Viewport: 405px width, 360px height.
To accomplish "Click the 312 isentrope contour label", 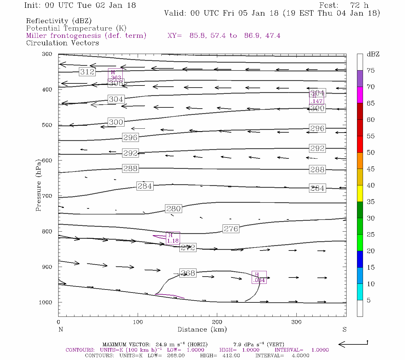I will pyautogui.click(x=87, y=72).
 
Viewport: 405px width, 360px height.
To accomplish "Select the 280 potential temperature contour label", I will pyautogui.click(x=173, y=208).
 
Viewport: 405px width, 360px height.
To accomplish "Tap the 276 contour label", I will pyautogui.click(x=231, y=229).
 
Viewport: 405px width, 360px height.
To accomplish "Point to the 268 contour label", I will pyautogui.click(x=188, y=273).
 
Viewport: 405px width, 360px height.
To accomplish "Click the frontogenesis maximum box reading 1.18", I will pyautogui.click(x=173, y=238).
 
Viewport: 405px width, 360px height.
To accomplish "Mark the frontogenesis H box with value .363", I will pyautogui.click(x=115, y=75).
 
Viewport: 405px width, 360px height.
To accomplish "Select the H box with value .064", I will pyautogui.click(x=259, y=277).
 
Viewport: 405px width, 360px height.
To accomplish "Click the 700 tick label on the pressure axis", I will pyautogui.click(x=47, y=196).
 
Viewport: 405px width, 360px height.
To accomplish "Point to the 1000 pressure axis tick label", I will pyautogui.click(x=46, y=302).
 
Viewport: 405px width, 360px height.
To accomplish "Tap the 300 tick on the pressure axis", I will pyautogui.click(x=47, y=54).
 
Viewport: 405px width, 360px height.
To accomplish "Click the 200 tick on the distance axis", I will pyautogui.click(x=217, y=322).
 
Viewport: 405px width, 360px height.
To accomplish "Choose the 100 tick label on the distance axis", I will pyautogui.click(x=138, y=322).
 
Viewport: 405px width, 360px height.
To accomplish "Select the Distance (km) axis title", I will pyautogui.click(x=202, y=329).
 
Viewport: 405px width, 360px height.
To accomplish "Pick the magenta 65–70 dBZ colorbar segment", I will pyautogui.click(x=360, y=95).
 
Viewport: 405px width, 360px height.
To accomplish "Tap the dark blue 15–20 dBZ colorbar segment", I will pyautogui.click(x=360, y=259).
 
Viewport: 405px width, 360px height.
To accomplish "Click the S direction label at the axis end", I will pyautogui.click(x=344, y=329).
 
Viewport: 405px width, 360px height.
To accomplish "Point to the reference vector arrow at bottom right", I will pyautogui.click(x=353, y=344).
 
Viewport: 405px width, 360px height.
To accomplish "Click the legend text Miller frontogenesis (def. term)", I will pyautogui.click(x=86, y=36).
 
